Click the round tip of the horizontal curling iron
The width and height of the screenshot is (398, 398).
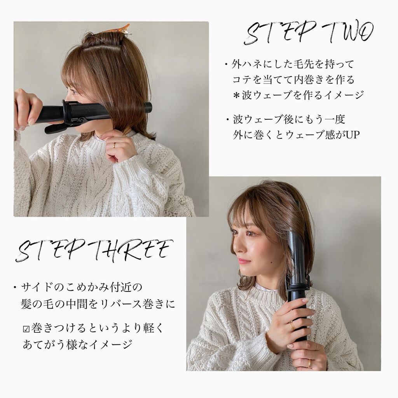coord(148,107)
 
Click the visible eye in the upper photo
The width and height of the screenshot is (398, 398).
coord(74,91)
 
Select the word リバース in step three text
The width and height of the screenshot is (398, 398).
coord(128,304)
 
